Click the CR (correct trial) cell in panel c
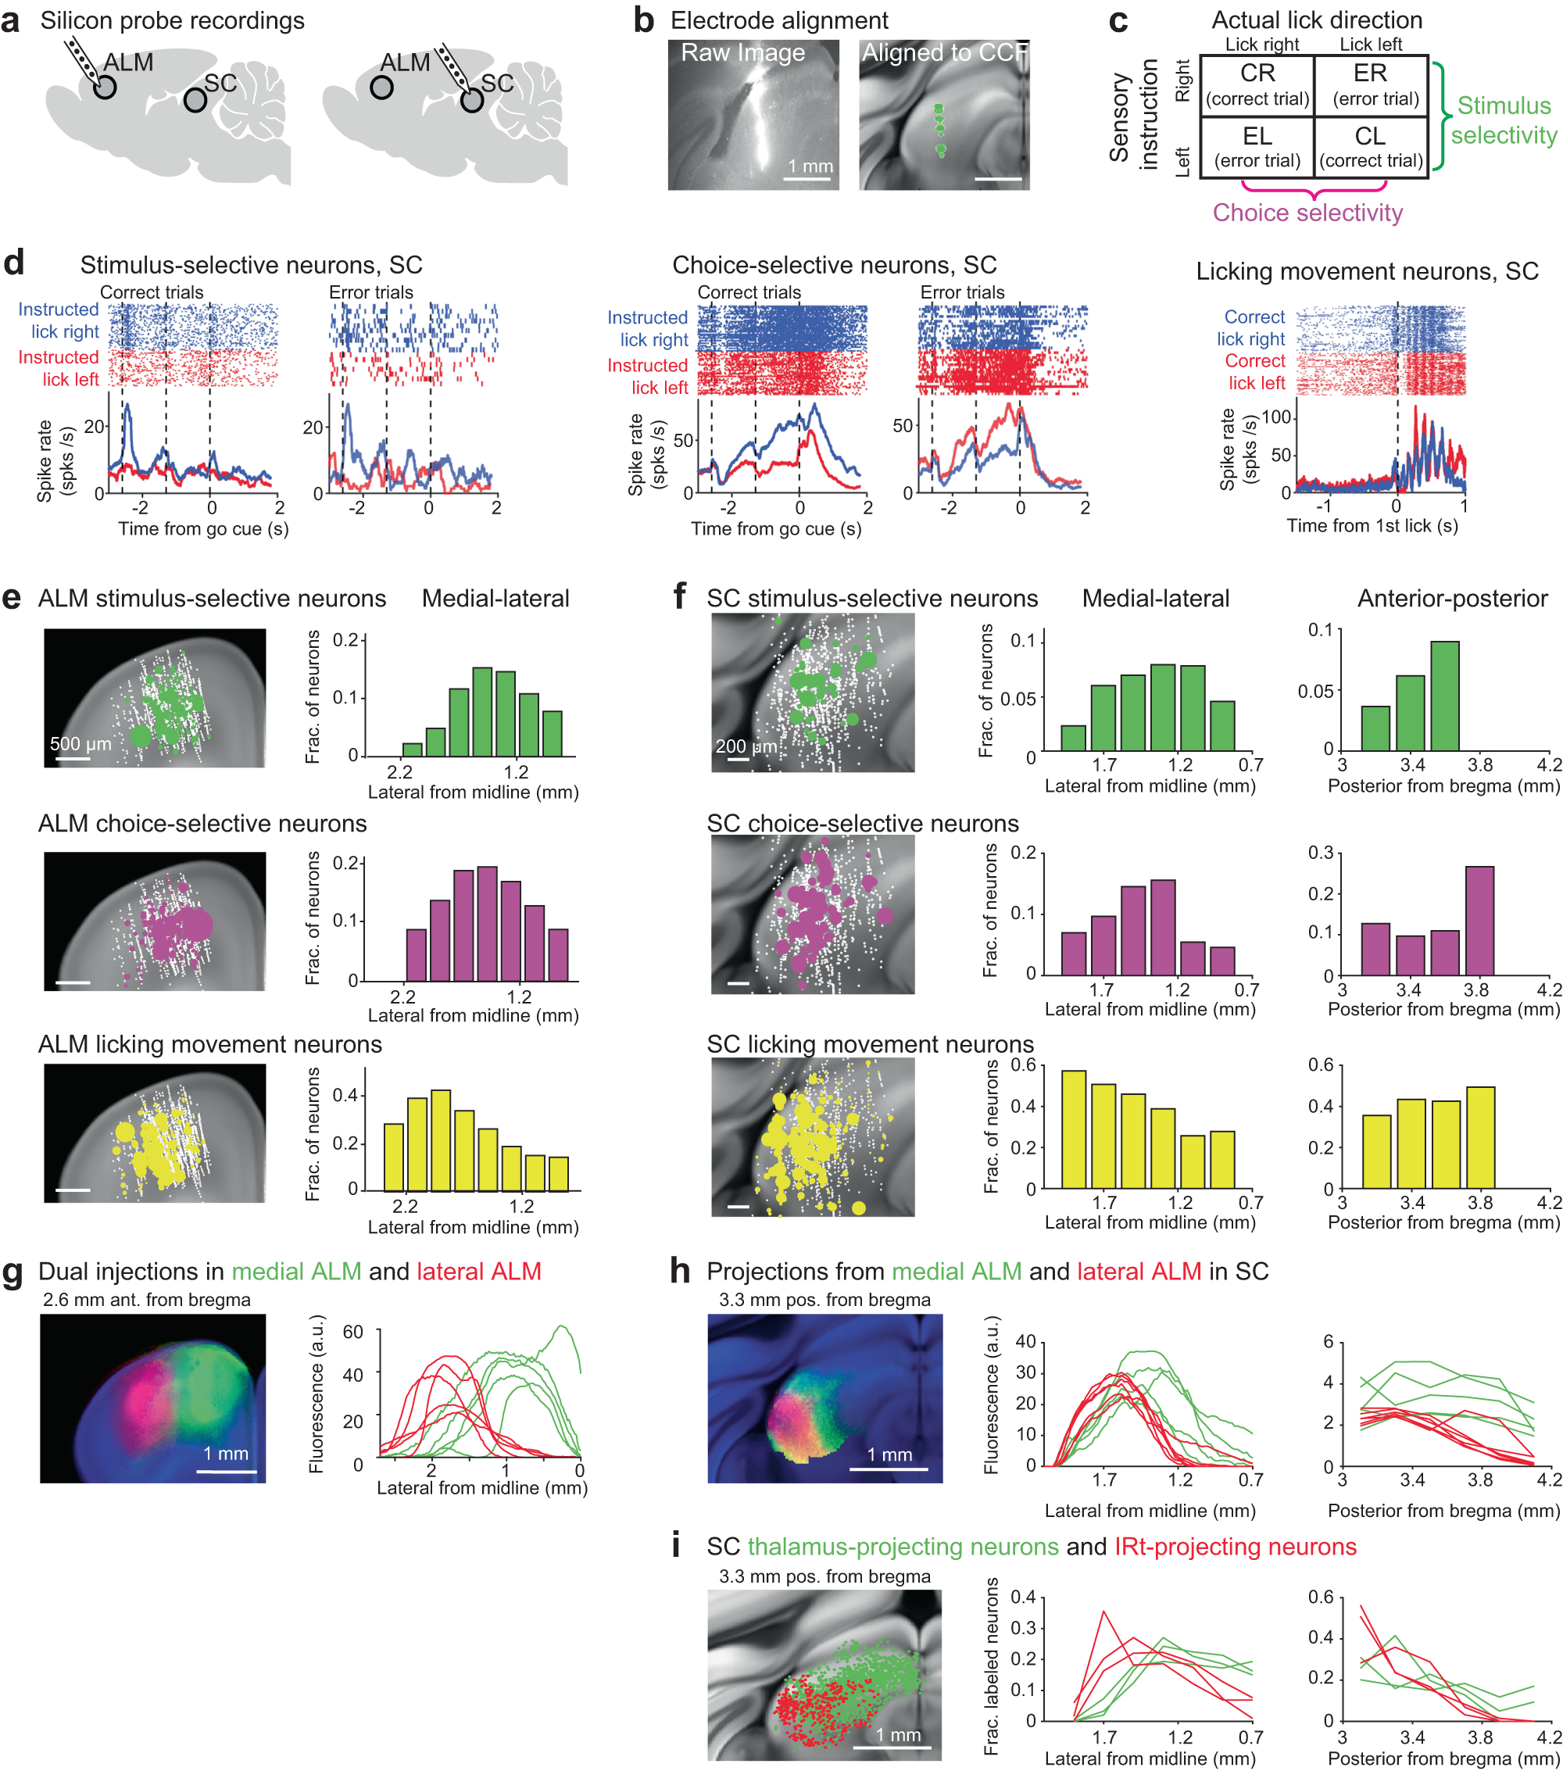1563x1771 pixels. tap(1257, 85)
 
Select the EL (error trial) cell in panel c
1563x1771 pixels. tap(1257, 147)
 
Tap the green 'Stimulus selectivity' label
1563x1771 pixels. tap(1504, 120)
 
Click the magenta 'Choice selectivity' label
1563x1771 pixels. tap(1307, 213)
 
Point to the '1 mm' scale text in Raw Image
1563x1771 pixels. tap(810, 166)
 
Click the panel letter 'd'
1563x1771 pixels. tap(14, 263)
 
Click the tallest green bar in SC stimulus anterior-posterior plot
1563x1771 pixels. tap(1444, 695)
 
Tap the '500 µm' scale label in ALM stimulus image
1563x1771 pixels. tap(80, 743)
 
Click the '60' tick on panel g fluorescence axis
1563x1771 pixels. tap(352, 1332)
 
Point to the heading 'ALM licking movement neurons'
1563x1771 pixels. tap(209, 1044)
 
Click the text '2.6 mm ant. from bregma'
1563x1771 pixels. tap(146, 1300)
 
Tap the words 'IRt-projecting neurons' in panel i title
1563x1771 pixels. tap(1235, 1547)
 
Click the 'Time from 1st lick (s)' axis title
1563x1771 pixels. tap(1372, 526)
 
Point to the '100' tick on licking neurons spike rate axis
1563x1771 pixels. tap(1276, 417)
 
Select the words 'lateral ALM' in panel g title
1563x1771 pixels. tap(478, 1271)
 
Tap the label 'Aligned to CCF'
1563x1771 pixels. tap(943, 53)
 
